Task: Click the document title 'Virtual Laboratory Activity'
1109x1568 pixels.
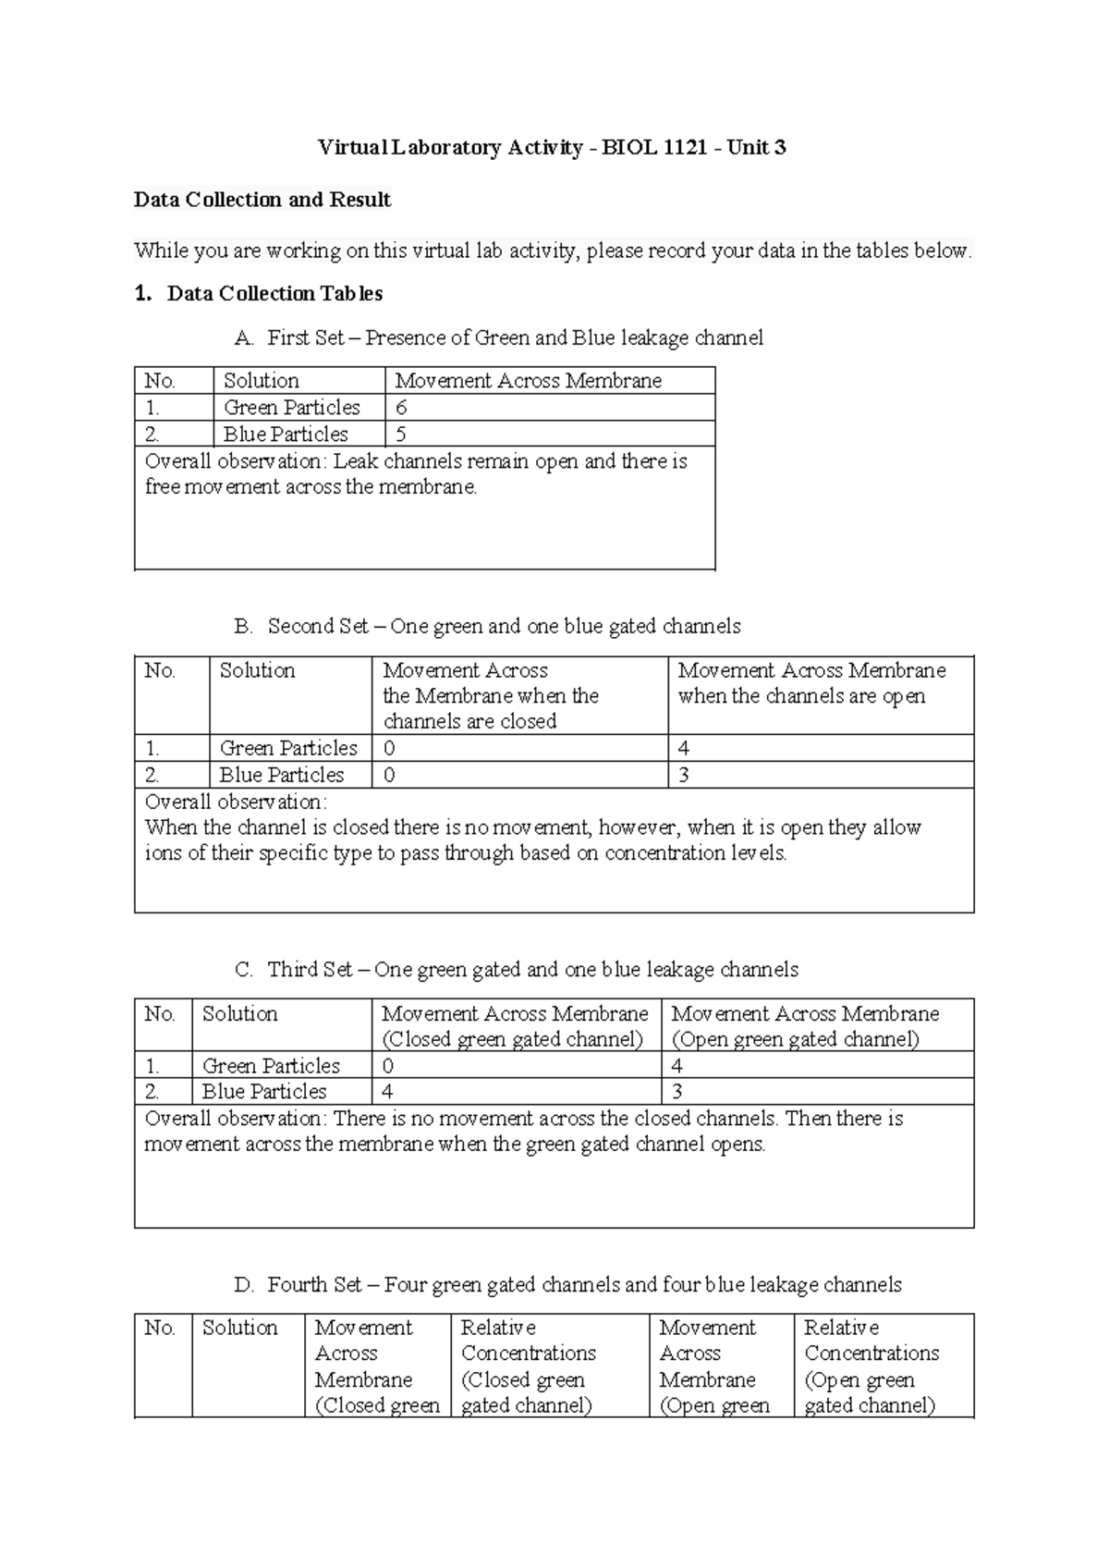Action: [x=450, y=148]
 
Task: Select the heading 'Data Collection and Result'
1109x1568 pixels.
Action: [x=262, y=200]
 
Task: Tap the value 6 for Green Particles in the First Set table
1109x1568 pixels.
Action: [x=401, y=408]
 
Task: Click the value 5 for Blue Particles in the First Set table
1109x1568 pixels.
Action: [x=401, y=435]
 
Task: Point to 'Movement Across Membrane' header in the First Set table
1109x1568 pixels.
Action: [x=528, y=381]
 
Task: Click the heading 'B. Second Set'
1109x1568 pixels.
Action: [x=487, y=627]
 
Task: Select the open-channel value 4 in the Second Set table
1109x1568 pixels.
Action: [x=684, y=748]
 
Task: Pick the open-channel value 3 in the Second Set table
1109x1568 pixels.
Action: [x=684, y=775]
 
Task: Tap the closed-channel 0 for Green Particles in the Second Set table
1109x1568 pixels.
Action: [x=389, y=748]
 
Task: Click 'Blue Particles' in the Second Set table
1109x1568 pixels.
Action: [x=281, y=775]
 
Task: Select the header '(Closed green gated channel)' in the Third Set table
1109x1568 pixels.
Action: [x=513, y=1039]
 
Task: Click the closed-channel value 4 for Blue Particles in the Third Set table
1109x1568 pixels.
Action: [x=387, y=1092]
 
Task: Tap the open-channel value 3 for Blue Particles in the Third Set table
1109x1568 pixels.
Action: [x=677, y=1092]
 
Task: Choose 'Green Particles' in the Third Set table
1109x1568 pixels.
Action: [x=271, y=1066]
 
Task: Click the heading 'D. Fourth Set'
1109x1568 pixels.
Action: [x=567, y=1285]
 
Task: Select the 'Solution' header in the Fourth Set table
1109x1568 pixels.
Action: [x=239, y=1329]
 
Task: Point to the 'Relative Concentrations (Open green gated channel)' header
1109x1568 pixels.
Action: [x=871, y=1366]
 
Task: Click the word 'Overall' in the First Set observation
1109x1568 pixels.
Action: [x=177, y=461]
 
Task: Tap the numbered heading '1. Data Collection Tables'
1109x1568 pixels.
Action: [x=259, y=294]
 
